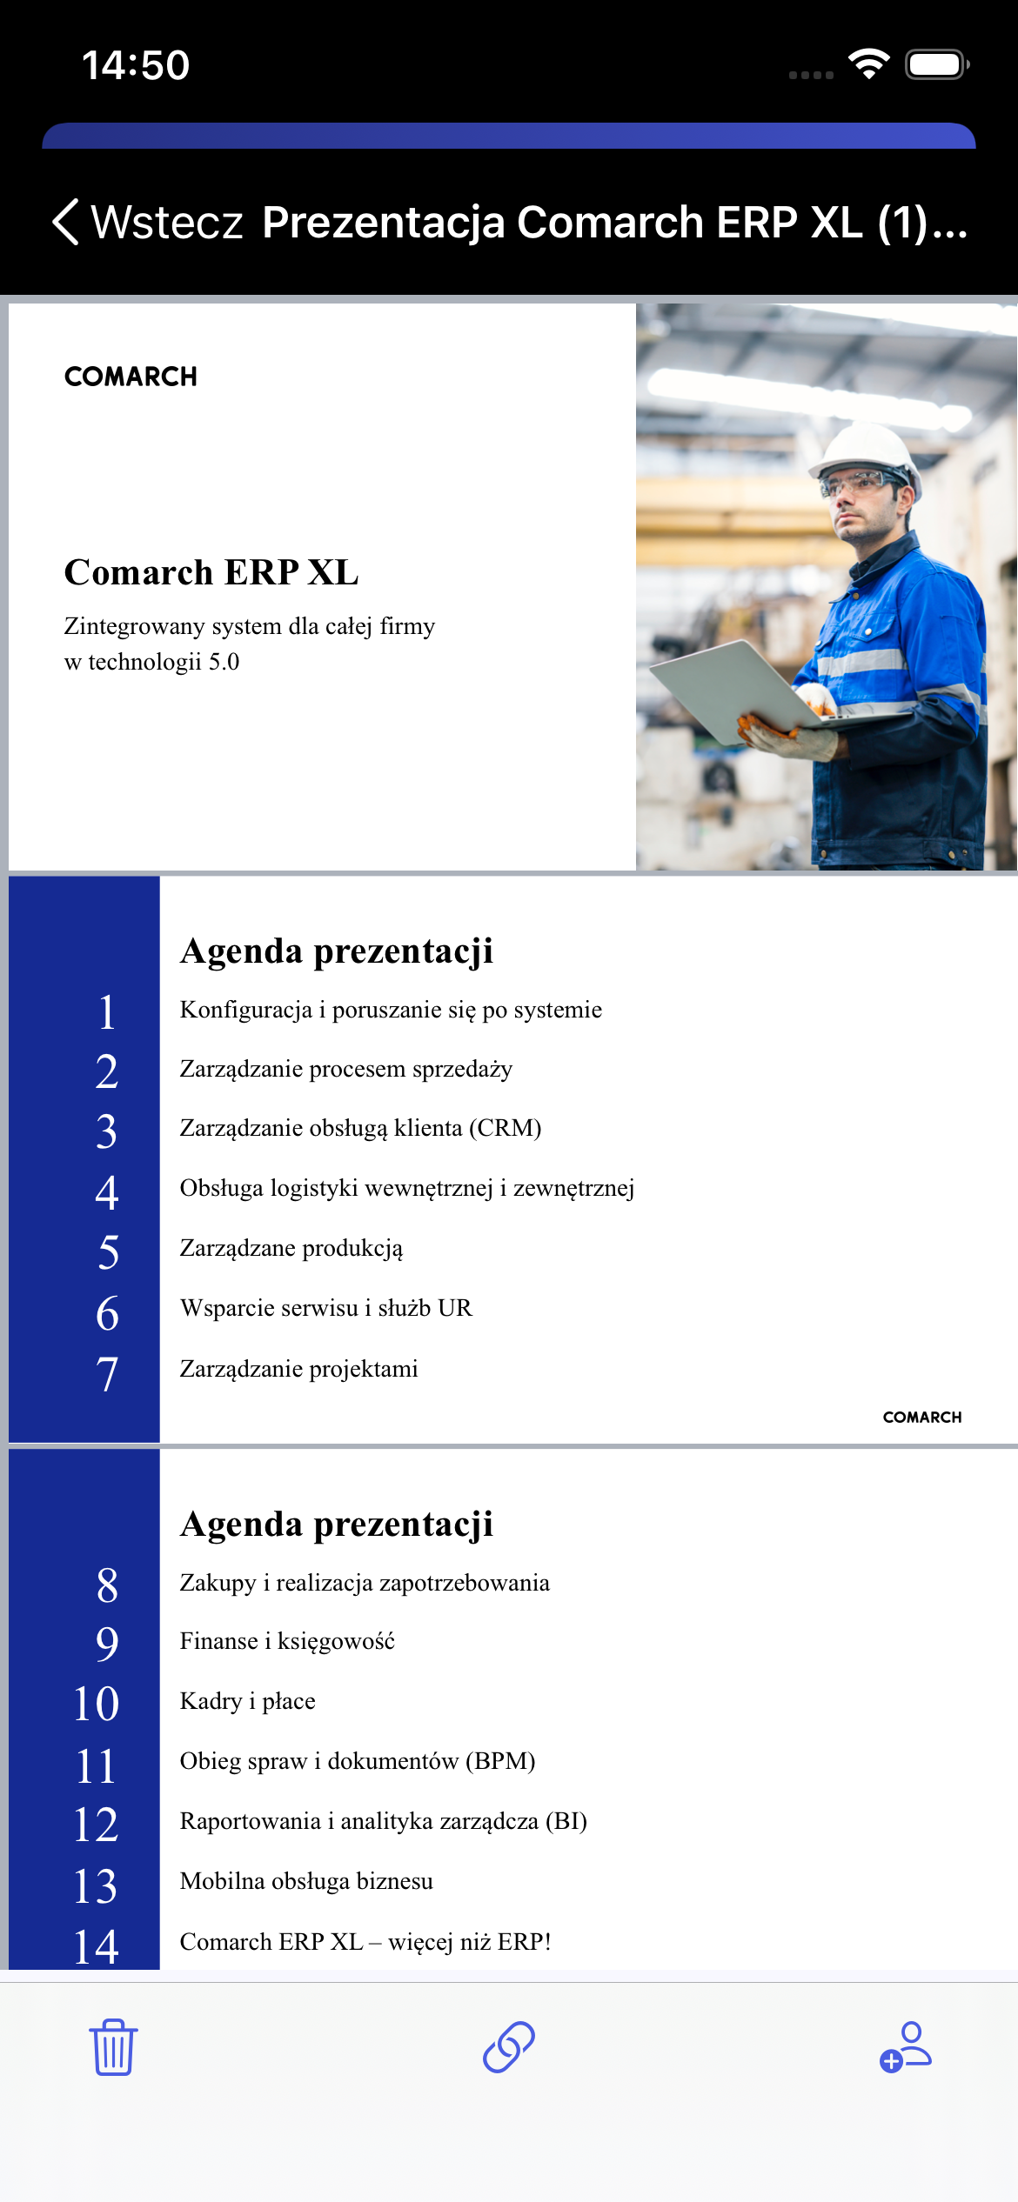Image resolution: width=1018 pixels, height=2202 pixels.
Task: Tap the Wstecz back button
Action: tap(148, 223)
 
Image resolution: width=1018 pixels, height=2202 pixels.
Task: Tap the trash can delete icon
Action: tap(113, 2047)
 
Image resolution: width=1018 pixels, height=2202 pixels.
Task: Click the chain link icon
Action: tap(509, 2046)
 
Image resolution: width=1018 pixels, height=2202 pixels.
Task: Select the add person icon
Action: tap(905, 2046)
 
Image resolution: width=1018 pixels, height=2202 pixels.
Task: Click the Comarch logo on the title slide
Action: tap(131, 377)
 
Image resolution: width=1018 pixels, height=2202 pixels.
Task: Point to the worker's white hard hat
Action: tap(866, 448)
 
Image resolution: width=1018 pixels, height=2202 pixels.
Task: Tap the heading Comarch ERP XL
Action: tap(211, 573)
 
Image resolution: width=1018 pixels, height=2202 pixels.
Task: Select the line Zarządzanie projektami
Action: tap(298, 1369)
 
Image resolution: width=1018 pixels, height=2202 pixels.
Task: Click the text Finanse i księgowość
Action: tap(287, 1641)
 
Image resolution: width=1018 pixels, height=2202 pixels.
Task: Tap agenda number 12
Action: tap(96, 1825)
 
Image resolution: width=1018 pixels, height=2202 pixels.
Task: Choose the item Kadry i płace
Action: tap(247, 1701)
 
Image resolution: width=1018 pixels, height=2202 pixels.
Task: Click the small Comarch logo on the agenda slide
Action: tap(922, 1417)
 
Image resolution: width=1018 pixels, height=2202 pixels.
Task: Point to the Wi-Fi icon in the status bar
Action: tap(868, 64)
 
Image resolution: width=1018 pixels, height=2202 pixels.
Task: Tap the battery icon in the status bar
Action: tap(936, 64)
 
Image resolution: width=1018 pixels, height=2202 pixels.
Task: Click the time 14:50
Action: tap(136, 65)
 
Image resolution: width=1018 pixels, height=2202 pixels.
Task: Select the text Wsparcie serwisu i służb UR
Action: tap(325, 1308)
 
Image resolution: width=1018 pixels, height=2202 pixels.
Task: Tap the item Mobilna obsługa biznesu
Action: tap(306, 1881)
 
